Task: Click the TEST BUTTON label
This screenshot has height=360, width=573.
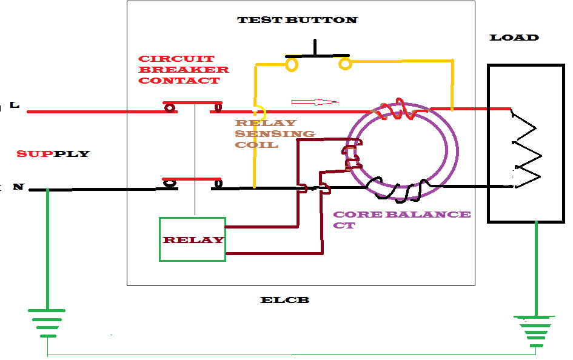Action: click(297, 20)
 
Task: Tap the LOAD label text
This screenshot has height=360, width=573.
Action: click(514, 38)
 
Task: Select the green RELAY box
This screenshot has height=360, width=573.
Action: click(192, 239)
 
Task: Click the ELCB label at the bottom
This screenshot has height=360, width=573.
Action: click(284, 300)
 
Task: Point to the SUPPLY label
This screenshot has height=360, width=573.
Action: click(53, 154)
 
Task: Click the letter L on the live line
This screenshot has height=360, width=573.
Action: click(15, 105)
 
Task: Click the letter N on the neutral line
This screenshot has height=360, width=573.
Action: click(18, 187)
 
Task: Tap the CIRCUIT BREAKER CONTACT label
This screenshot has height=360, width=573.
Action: click(184, 70)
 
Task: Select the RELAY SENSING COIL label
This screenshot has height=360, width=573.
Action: click(275, 134)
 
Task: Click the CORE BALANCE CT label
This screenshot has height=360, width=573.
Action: click(401, 219)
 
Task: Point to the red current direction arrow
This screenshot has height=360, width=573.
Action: click(315, 101)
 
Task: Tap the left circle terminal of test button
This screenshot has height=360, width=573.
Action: click(292, 63)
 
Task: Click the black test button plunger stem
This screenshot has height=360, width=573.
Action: click(315, 47)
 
